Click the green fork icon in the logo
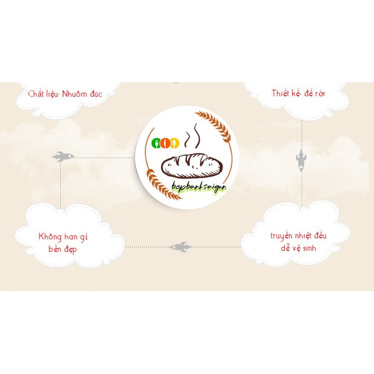tap(156, 144)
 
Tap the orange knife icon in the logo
tap(165, 144)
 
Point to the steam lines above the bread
tap(192, 138)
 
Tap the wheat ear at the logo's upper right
tap(214, 125)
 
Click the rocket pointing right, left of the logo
tap(63, 157)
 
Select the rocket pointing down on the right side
tap(301, 161)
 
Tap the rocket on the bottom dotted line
tap(181, 246)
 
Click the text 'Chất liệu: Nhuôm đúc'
tap(65, 93)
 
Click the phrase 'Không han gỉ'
tap(63, 236)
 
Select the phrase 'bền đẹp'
tap(63, 248)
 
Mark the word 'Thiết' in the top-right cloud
tap(281, 93)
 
